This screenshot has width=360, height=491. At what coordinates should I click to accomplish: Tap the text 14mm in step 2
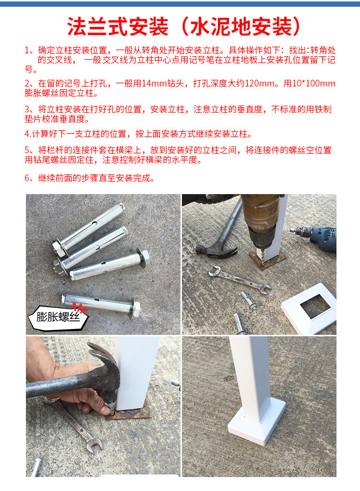(x=151, y=83)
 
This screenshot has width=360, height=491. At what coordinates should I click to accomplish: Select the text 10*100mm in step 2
(x=314, y=83)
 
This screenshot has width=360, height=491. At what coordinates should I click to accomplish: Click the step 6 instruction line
(x=90, y=178)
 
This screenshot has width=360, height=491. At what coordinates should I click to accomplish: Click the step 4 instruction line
(x=138, y=134)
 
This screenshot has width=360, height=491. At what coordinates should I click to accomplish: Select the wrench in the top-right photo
(x=239, y=280)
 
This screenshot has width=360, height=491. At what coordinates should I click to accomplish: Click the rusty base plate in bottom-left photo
(x=132, y=413)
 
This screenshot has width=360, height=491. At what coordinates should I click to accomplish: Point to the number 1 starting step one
(x=27, y=50)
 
